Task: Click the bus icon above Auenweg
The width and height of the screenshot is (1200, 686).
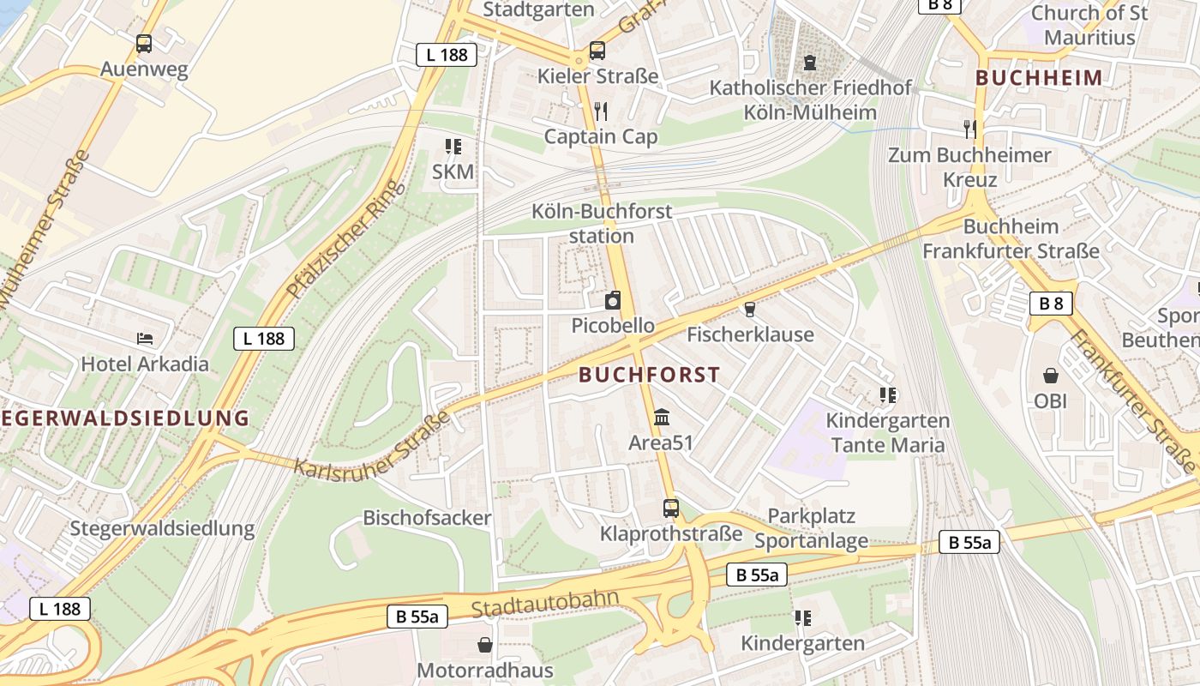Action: point(144,43)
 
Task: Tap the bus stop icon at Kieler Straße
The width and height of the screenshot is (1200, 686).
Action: point(597,51)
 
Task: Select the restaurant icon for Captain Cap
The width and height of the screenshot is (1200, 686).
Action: point(601,111)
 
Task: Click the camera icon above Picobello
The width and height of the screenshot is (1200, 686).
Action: point(613,300)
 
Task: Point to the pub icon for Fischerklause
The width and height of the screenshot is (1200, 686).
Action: point(750,309)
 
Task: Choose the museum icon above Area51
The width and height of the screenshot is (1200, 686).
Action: point(662,418)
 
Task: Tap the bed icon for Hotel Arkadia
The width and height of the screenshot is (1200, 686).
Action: point(145,339)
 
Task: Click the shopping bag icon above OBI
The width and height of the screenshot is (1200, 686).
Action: point(1050,376)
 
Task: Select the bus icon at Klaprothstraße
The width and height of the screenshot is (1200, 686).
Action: point(671,508)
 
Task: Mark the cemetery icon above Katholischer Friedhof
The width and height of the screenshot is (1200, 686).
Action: point(810,63)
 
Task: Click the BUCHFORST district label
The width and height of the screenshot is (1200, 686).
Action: point(649,375)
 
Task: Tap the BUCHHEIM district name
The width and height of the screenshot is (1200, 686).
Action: point(1039,78)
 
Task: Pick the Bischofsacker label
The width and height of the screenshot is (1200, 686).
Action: point(427,518)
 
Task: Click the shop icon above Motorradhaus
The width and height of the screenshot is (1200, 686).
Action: point(485,644)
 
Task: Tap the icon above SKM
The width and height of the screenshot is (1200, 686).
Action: point(453,147)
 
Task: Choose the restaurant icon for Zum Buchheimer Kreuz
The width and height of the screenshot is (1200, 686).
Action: point(969,129)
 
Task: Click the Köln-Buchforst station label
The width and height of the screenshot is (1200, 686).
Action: point(602,223)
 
